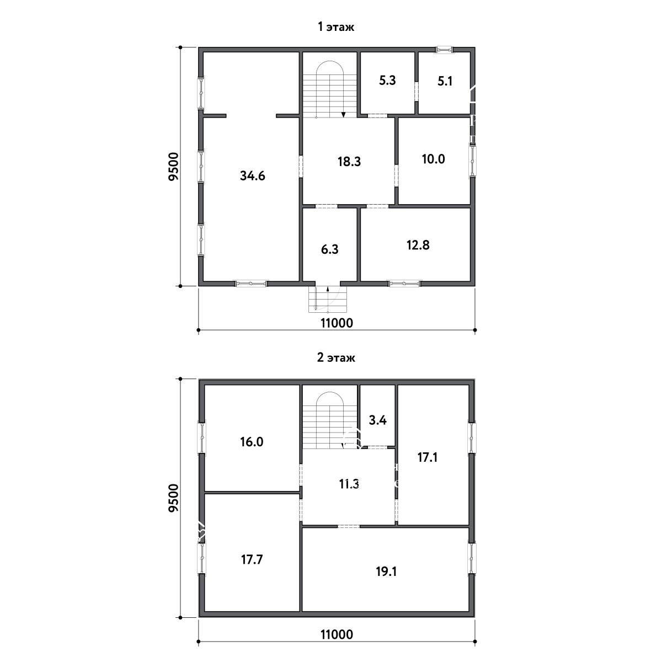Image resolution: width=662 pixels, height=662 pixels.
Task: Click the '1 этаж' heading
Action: click(x=335, y=27)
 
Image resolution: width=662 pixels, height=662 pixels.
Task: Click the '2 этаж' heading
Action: click(x=335, y=357)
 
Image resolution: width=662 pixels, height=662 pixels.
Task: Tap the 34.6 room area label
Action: click(x=253, y=176)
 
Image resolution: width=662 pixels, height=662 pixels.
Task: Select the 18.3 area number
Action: click(x=349, y=162)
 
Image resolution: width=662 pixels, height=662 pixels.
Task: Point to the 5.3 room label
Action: click(x=387, y=81)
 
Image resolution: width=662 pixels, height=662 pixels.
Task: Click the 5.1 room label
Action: click(x=445, y=82)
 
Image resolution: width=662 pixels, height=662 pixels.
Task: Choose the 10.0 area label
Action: click(x=433, y=159)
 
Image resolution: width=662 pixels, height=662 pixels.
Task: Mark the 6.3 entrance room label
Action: click(x=329, y=249)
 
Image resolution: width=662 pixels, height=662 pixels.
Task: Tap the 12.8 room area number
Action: click(x=418, y=245)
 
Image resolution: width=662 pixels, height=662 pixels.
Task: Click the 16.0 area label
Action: click(x=252, y=442)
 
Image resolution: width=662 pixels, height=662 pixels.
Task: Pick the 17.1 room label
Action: click(x=428, y=457)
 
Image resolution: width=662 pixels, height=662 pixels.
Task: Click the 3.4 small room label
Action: click(x=377, y=420)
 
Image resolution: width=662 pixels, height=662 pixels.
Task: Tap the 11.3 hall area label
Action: click(x=349, y=484)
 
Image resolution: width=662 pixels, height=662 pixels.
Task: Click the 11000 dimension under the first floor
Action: click(x=337, y=323)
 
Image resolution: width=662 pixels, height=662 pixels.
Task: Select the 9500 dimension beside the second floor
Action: click(x=174, y=498)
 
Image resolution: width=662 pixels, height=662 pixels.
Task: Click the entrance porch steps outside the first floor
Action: click(x=328, y=299)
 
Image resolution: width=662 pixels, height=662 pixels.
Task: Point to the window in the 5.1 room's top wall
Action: click(x=445, y=50)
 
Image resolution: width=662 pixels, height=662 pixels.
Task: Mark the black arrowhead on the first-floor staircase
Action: click(x=344, y=115)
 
